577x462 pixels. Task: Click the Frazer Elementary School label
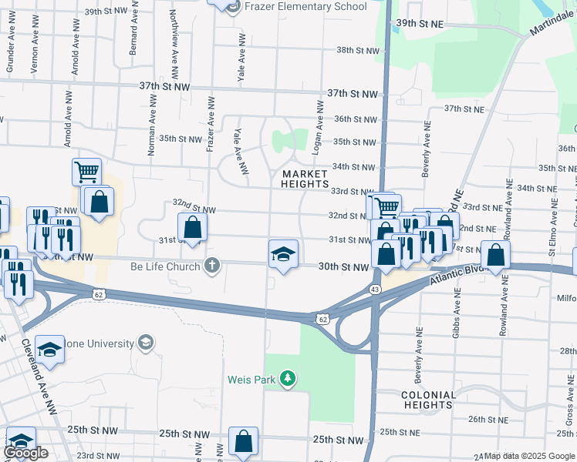point(306,7)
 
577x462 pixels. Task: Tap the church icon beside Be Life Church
point(213,266)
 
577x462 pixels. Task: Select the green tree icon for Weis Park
point(288,378)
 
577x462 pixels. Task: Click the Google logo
point(26,453)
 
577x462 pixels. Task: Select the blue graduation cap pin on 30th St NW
point(283,255)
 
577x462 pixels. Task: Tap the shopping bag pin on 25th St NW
point(243,442)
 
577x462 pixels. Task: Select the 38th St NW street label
point(357,51)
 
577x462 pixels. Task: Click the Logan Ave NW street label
point(317,122)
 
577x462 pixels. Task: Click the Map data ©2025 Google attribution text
point(528,456)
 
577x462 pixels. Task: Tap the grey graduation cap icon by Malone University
point(145,342)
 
